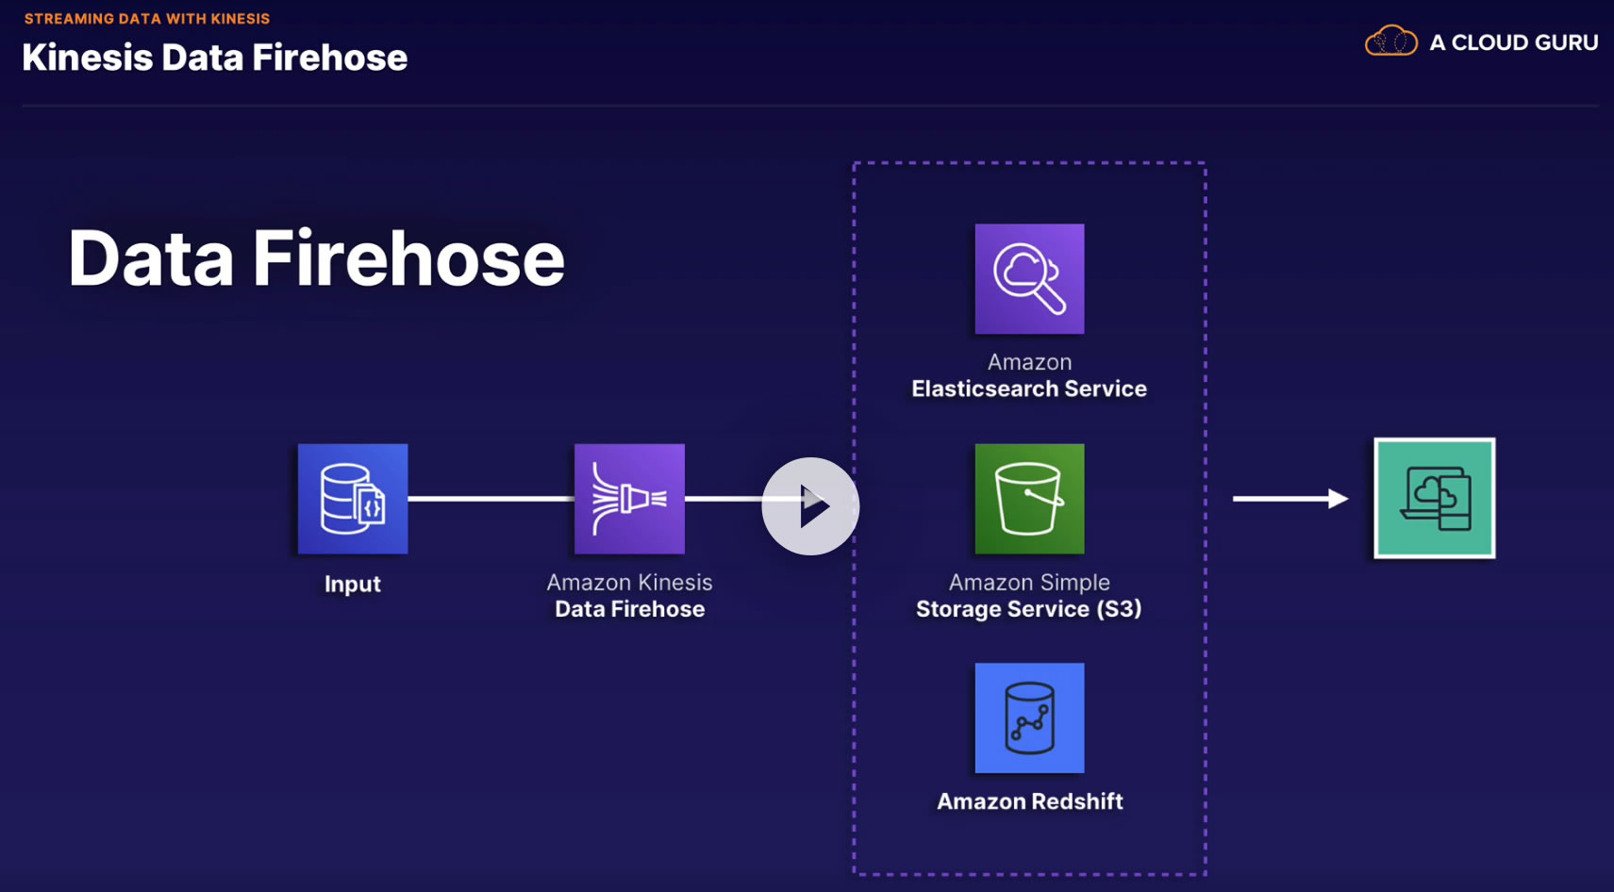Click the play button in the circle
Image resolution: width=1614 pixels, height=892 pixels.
coord(811,506)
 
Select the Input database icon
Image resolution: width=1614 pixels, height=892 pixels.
coord(353,499)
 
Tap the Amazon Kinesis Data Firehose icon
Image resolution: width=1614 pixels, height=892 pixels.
coord(629,499)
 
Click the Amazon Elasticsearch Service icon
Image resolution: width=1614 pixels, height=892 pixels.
coord(1029,279)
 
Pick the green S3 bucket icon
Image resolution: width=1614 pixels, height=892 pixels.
coord(1029,499)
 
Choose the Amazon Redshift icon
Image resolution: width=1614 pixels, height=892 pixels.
coord(1029,719)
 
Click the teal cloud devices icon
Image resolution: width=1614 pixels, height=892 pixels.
coord(1434,498)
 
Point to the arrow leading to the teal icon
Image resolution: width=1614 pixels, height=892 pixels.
coord(1290,498)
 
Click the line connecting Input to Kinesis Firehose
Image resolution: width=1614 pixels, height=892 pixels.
coord(491,499)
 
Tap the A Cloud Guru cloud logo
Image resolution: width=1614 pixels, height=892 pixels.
coord(1391,41)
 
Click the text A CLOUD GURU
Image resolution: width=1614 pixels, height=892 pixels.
coord(1513,42)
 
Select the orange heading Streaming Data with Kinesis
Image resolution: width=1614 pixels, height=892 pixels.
coord(147,19)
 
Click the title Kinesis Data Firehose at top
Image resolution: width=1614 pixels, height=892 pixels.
coord(215,58)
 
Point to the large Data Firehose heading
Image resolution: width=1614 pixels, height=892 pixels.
coord(317,258)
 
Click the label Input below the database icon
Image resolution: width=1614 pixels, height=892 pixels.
coord(353,585)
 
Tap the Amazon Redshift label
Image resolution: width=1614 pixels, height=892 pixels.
coord(1030,801)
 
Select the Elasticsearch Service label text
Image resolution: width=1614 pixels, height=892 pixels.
coord(1029,388)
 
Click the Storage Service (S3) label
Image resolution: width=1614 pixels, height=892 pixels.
coord(1029,609)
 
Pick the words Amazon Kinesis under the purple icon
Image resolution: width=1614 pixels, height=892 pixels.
coord(629,583)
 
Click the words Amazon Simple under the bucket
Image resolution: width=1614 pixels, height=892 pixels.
coord(1029,583)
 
